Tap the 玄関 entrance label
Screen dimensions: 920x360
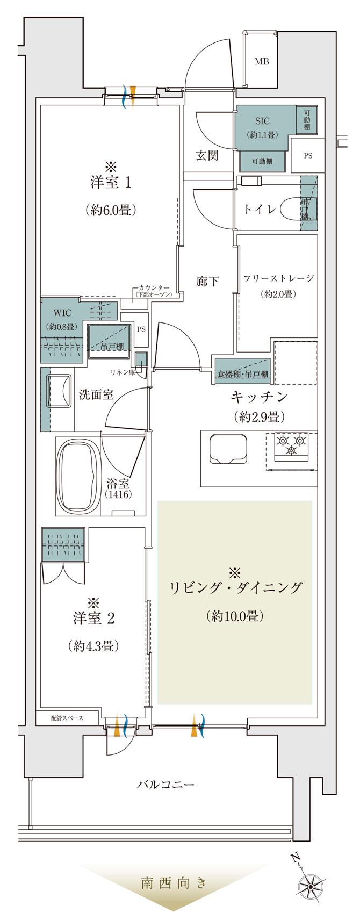[x=206, y=156]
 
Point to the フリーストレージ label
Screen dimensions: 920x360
[x=277, y=278]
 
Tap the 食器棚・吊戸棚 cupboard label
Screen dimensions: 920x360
[x=243, y=375]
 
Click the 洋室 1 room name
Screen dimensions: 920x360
[x=110, y=182]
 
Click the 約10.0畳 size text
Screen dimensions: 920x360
[x=234, y=616]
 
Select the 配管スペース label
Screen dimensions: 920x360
[x=67, y=718]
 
